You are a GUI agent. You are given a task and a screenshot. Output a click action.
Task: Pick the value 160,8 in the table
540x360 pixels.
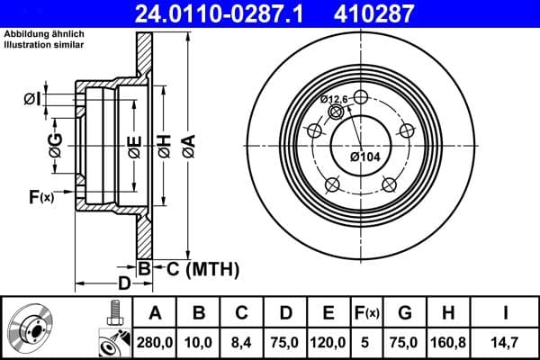(448, 343)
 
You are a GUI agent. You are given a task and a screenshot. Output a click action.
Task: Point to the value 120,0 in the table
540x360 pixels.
(328, 343)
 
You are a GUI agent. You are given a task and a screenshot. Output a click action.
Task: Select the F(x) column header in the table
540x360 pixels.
(367, 313)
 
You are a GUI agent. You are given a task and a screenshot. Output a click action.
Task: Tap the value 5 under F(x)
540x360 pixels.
(366, 343)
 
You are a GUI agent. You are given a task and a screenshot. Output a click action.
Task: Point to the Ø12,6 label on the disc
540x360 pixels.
(334, 100)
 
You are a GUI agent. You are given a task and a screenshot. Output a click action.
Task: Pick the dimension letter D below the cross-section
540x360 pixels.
(125, 283)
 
